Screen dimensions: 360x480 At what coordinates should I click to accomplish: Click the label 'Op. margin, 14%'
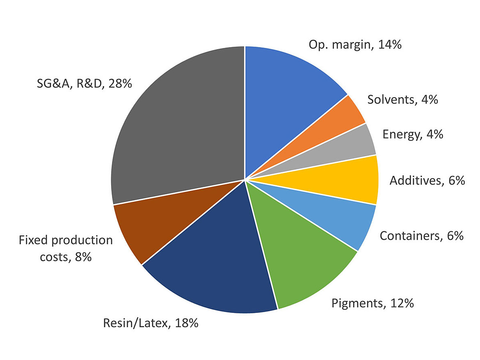click(355, 44)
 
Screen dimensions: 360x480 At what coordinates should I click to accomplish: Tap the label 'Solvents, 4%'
click(402, 99)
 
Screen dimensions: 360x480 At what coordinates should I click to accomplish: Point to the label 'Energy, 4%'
click(413, 134)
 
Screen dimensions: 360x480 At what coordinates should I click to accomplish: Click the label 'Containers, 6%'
click(422, 236)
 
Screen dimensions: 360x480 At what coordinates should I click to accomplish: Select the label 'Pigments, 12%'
click(373, 303)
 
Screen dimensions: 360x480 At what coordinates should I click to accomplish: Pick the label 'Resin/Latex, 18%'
click(151, 323)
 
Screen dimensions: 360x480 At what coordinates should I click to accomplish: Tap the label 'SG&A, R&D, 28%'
click(84, 84)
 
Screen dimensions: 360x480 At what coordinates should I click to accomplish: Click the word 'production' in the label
click(80, 240)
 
